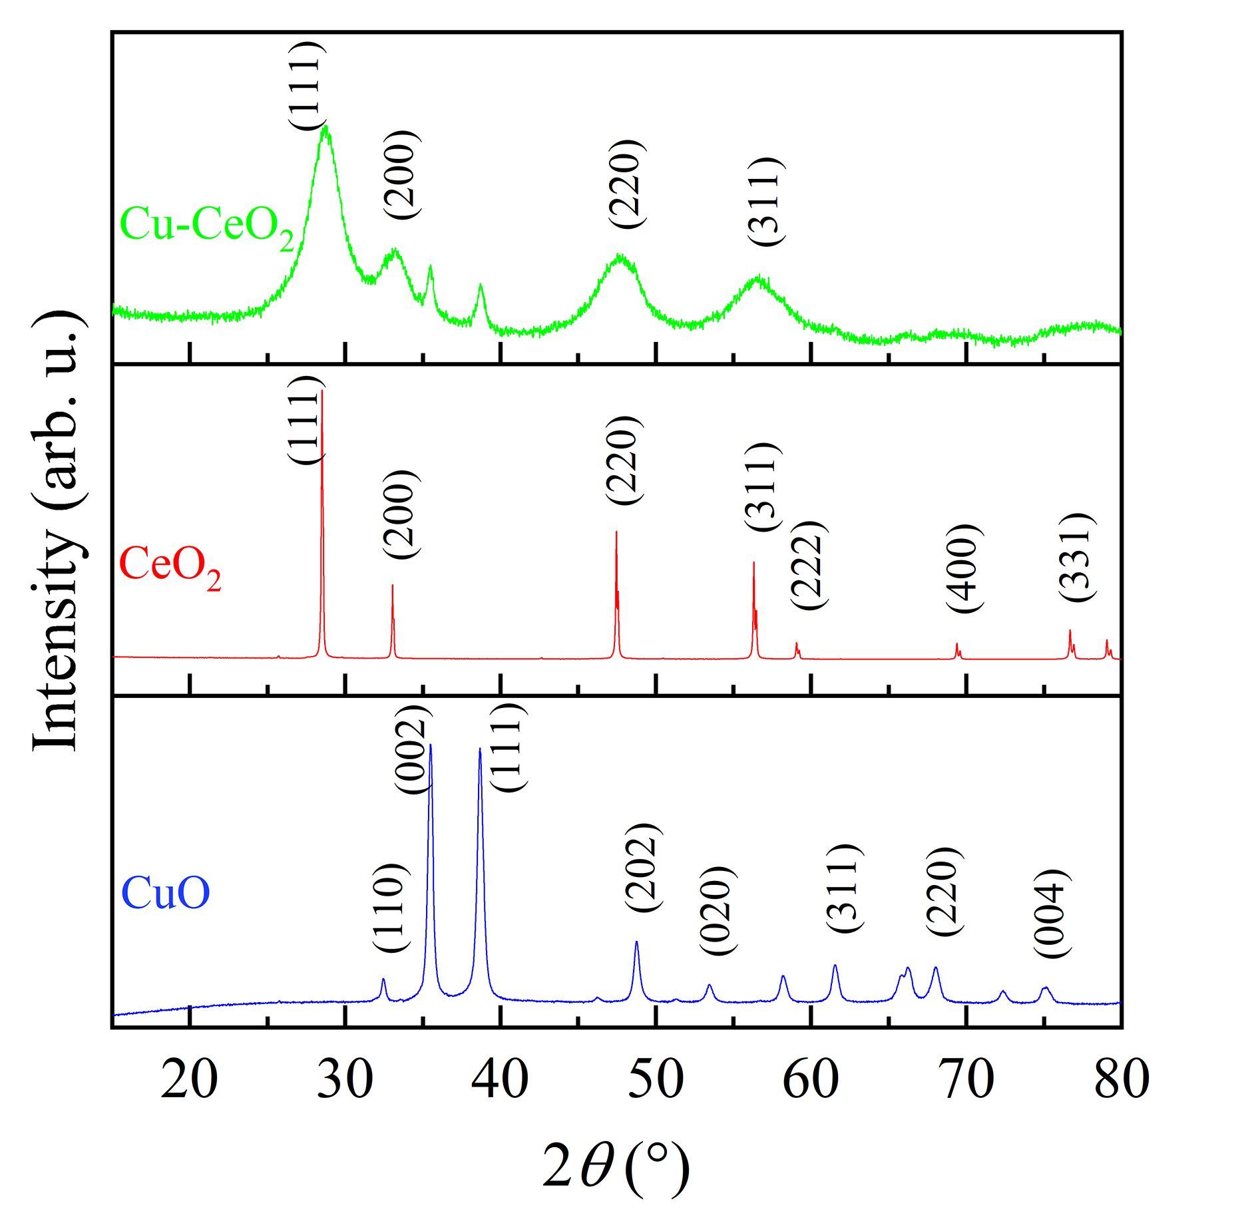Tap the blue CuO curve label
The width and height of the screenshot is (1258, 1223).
(x=166, y=893)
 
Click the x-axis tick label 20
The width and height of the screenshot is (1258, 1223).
(x=189, y=1080)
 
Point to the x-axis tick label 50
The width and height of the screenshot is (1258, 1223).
(x=656, y=1080)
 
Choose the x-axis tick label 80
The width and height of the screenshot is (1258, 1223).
(x=1121, y=1080)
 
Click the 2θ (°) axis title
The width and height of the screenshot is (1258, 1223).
(x=616, y=1169)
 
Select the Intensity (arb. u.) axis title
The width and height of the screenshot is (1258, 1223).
(x=59, y=530)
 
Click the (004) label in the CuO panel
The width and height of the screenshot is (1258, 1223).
(x=1052, y=914)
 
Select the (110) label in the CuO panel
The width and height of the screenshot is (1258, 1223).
(x=388, y=908)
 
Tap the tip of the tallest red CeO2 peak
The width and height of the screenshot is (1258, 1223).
(x=322, y=392)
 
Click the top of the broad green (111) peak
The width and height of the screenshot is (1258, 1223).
(x=325, y=128)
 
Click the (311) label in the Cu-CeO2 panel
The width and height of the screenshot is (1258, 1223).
(x=763, y=202)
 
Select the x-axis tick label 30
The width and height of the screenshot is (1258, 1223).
(x=344, y=1080)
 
